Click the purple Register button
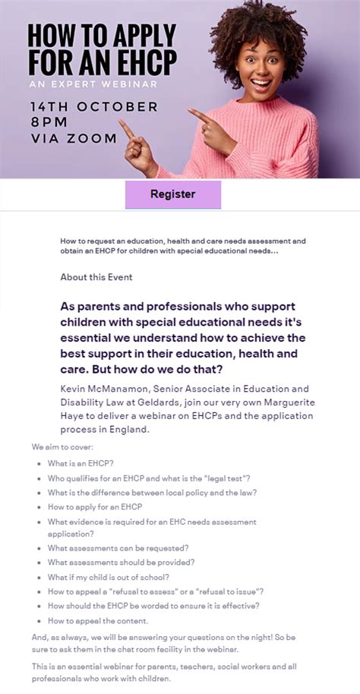pyautogui.click(x=173, y=194)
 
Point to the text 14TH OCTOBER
pyautogui.click(x=94, y=106)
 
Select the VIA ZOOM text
pyautogui.click(x=74, y=138)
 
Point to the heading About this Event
pyautogui.click(x=96, y=277)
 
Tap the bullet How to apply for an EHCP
pyautogui.click(x=95, y=506)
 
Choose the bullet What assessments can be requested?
pyautogui.click(x=118, y=547)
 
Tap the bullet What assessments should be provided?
pyautogui.click(x=122, y=563)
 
